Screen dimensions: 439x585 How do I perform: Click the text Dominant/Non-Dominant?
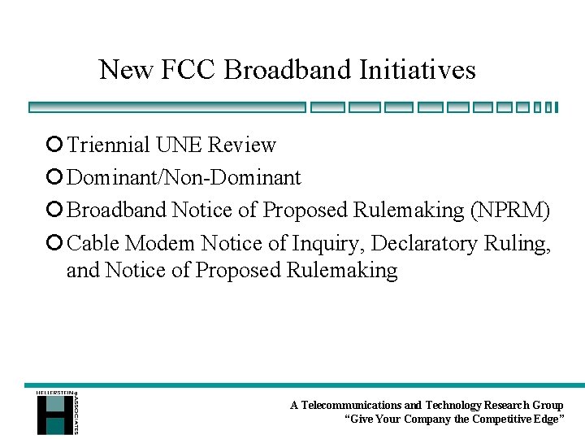pos(184,178)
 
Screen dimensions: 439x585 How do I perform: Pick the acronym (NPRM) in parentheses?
pos(510,211)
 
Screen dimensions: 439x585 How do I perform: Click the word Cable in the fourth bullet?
pos(93,243)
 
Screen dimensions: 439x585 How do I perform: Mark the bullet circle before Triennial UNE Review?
pos(54,146)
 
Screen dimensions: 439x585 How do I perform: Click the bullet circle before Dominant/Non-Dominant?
pos(54,178)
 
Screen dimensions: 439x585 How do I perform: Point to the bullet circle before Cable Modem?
pos(54,243)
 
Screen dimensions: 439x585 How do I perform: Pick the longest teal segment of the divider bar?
pos(167,106)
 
